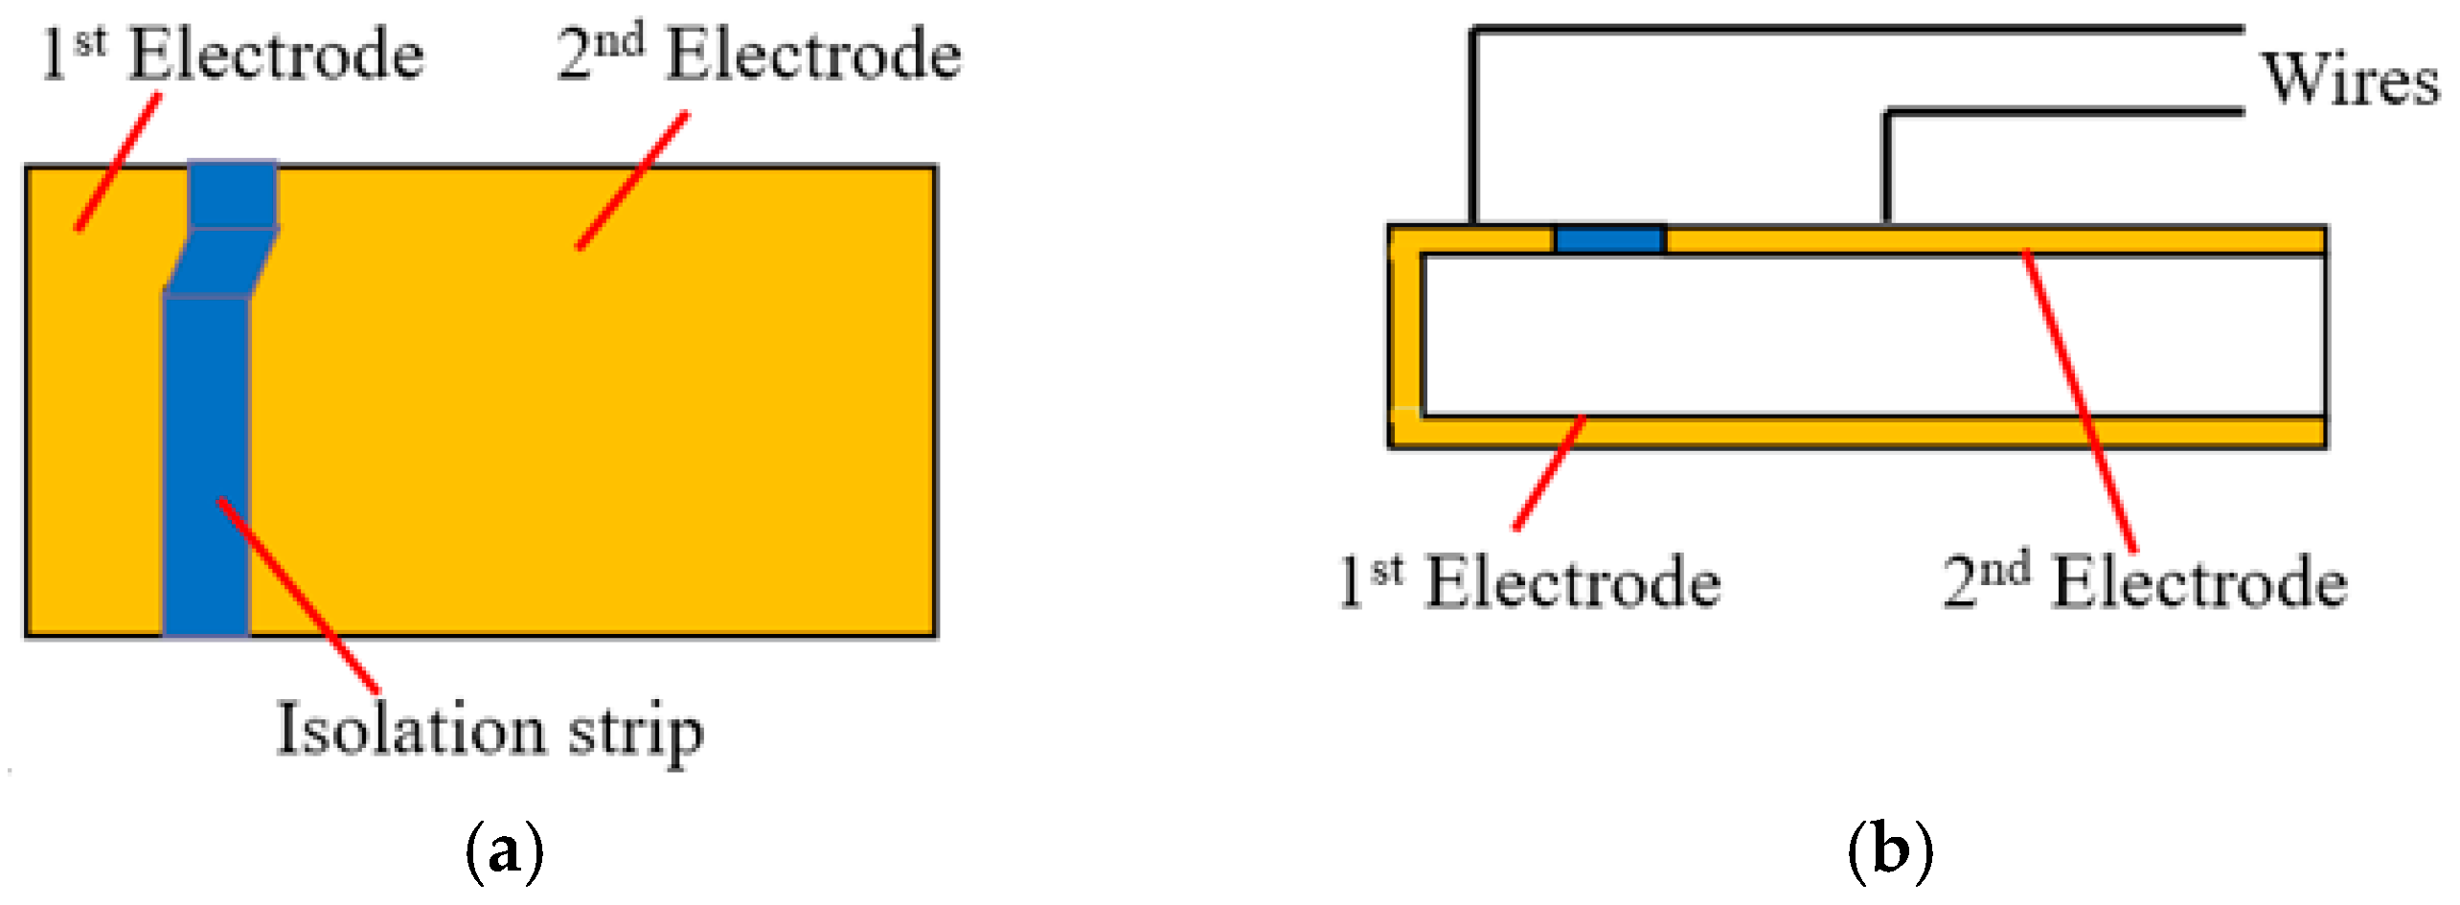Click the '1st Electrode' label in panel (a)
[x=232, y=55]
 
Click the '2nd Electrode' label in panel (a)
[x=760, y=55]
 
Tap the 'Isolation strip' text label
[x=490, y=731]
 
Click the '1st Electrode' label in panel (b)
[x=1530, y=582]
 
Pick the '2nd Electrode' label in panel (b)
[x=2146, y=582]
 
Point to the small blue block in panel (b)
[x=1609, y=239]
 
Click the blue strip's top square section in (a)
[x=233, y=194]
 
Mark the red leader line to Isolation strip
[x=299, y=595]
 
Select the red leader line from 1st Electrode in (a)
[x=119, y=162]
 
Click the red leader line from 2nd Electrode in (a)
[x=632, y=180]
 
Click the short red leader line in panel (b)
[x=1549, y=472]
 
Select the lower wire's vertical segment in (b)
[x=1886, y=168]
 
